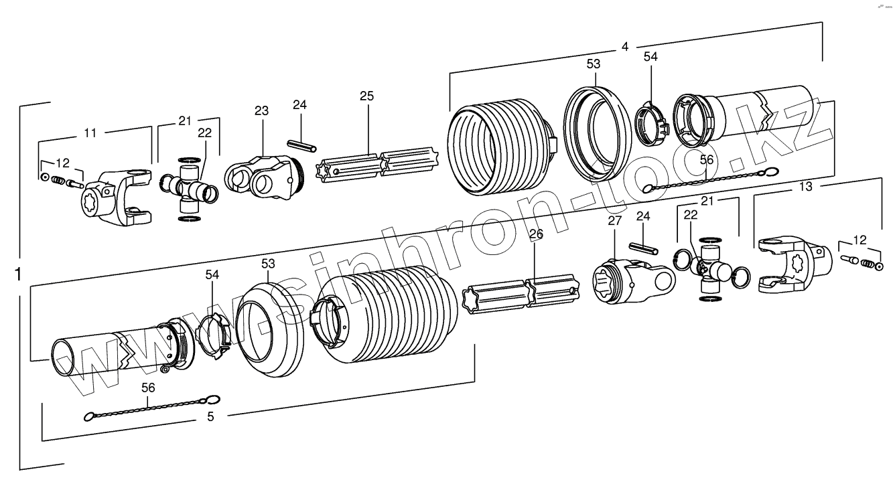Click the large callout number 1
point(19,274)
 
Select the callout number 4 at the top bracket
point(624,47)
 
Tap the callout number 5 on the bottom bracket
point(210,416)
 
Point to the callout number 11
point(90,133)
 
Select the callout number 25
point(366,96)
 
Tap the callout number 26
point(535,234)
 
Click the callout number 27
point(614,220)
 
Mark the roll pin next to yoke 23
point(302,145)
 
